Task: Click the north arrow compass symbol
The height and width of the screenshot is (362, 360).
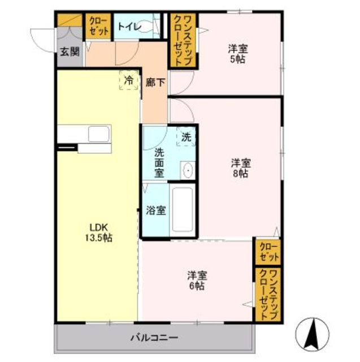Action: tap(313, 334)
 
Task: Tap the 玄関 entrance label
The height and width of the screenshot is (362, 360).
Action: tap(70, 51)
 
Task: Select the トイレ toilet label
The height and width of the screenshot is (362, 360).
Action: tap(129, 27)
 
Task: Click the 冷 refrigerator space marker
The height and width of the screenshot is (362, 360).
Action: tap(129, 80)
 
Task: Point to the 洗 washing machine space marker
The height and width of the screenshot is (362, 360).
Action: tap(186, 137)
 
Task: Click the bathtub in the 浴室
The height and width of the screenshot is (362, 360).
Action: tap(183, 209)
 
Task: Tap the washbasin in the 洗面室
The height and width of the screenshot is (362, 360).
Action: tap(188, 170)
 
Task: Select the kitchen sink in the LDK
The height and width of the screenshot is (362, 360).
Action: tap(99, 134)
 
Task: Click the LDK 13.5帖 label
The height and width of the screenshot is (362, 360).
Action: tap(99, 232)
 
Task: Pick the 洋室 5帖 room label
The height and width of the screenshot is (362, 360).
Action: tap(238, 54)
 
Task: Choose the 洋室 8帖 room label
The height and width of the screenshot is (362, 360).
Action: tap(241, 168)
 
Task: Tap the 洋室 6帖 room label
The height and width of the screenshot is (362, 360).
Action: tap(197, 281)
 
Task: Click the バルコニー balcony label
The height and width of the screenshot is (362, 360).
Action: tap(154, 338)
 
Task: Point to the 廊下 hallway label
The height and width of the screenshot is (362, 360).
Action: tap(155, 83)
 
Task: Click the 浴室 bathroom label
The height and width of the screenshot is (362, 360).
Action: tap(156, 210)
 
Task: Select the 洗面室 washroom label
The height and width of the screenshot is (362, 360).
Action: tap(159, 163)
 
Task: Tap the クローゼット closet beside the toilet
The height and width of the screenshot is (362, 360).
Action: tap(98, 26)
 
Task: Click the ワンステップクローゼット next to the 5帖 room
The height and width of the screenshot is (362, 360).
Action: tap(183, 41)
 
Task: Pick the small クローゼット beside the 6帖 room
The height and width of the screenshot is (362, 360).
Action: tap(268, 252)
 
